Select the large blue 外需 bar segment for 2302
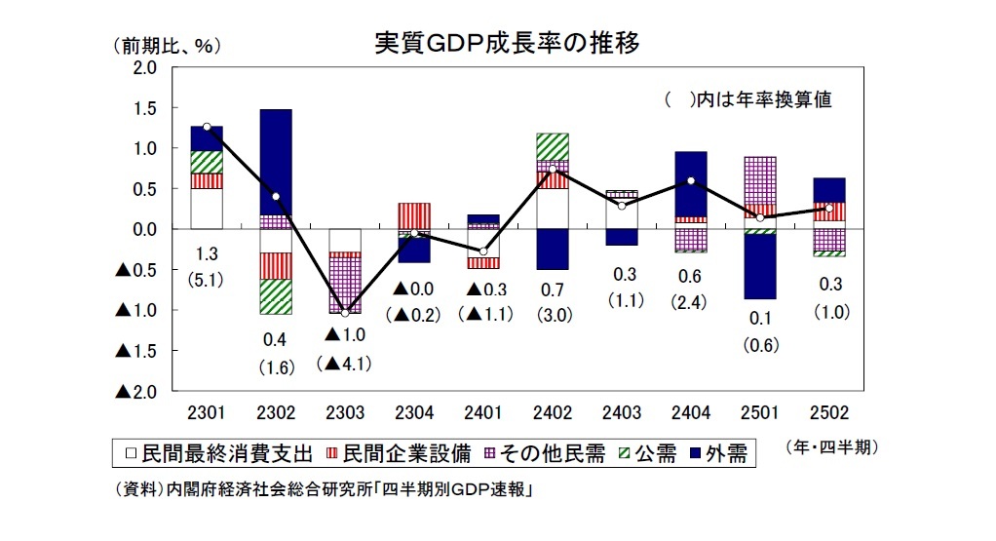click(x=276, y=162)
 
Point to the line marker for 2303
click(x=345, y=313)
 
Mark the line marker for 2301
click(x=207, y=127)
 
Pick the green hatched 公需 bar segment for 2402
click(x=553, y=146)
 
